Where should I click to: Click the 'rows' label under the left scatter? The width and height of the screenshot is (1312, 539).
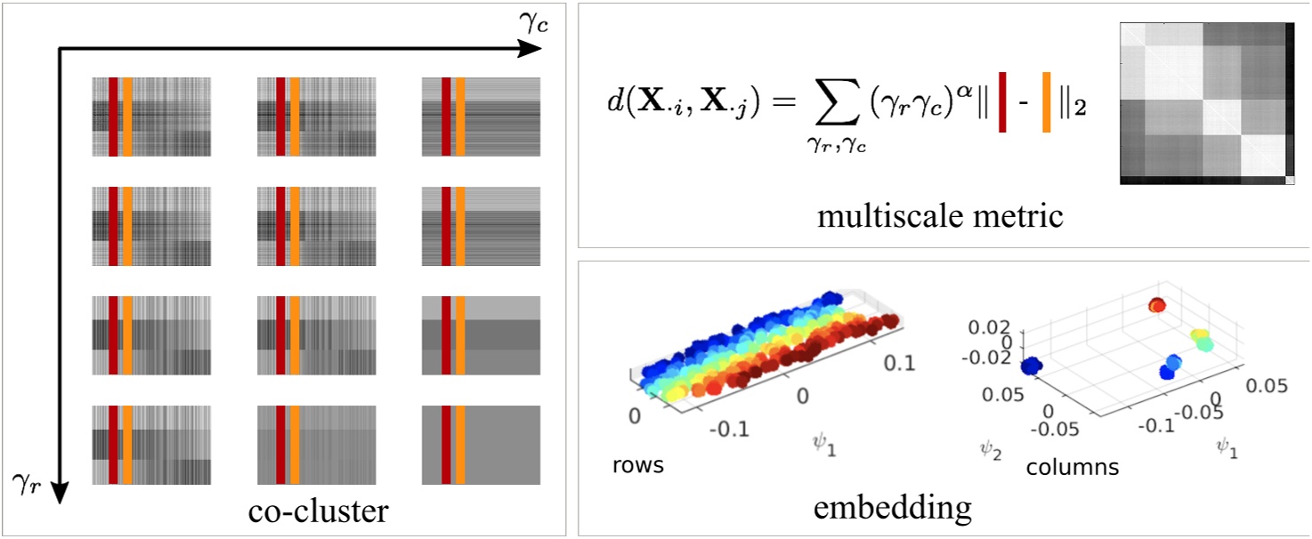[x=637, y=465]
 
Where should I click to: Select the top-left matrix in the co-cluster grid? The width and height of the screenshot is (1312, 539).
[x=150, y=117]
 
